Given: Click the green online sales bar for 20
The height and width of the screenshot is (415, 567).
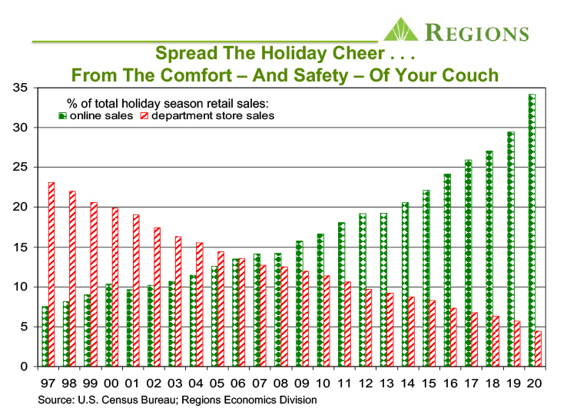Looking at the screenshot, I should pos(531,231).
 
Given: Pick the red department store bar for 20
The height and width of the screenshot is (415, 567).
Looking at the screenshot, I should pos(538,349).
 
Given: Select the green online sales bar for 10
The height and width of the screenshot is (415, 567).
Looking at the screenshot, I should pos(320,300).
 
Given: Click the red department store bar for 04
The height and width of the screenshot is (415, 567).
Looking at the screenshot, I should pos(199,304).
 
